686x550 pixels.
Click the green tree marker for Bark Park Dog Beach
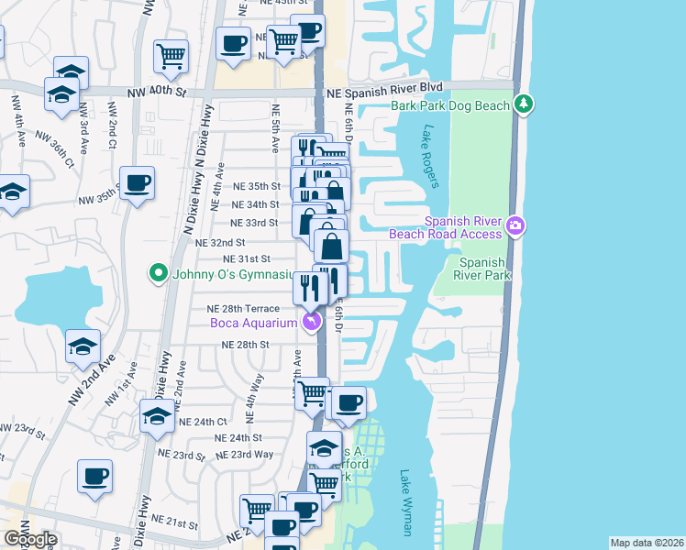click(524, 104)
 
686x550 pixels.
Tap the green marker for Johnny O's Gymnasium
click(158, 273)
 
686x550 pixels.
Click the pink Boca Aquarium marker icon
click(313, 322)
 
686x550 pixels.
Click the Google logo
click(31, 539)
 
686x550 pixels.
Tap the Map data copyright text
click(647, 543)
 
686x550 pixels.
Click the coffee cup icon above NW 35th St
click(138, 183)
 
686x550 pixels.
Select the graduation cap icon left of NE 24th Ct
click(158, 416)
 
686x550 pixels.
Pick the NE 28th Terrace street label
click(243, 309)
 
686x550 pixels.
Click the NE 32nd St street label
click(221, 242)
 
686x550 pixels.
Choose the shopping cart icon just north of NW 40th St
click(171, 57)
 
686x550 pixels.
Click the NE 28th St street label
click(246, 345)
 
